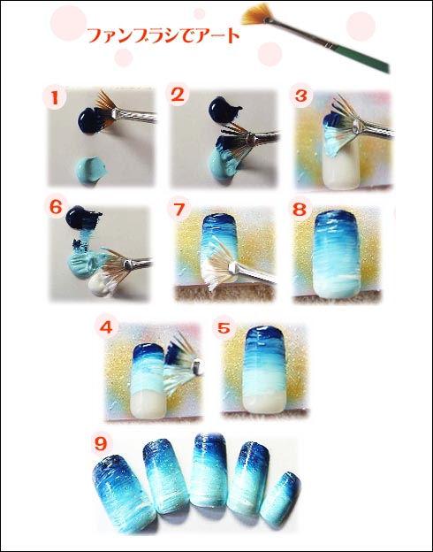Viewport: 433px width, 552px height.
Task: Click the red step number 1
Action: [x=55, y=98]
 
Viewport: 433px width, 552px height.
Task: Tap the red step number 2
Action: [x=178, y=95]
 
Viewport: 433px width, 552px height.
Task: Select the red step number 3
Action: [x=301, y=96]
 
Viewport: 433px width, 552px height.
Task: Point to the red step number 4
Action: [x=106, y=327]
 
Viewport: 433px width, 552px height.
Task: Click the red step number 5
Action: [x=224, y=328]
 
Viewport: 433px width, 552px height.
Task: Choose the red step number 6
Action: [x=56, y=207]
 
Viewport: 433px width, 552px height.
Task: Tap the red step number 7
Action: [x=179, y=210]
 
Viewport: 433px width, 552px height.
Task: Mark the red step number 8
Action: [x=300, y=210]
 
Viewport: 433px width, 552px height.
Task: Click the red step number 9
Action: [x=101, y=444]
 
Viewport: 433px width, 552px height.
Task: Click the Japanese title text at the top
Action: [x=163, y=35]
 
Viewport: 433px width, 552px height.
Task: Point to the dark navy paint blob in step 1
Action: [x=91, y=120]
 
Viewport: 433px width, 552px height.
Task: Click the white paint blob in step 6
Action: [x=102, y=284]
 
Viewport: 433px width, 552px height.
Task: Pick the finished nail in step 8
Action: [x=337, y=254]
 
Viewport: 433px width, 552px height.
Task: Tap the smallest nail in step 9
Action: [x=281, y=500]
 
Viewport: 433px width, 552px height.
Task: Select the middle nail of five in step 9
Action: [x=209, y=470]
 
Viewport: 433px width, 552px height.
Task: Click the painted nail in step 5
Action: [x=264, y=369]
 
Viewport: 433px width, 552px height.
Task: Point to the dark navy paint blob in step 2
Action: [x=224, y=109]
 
